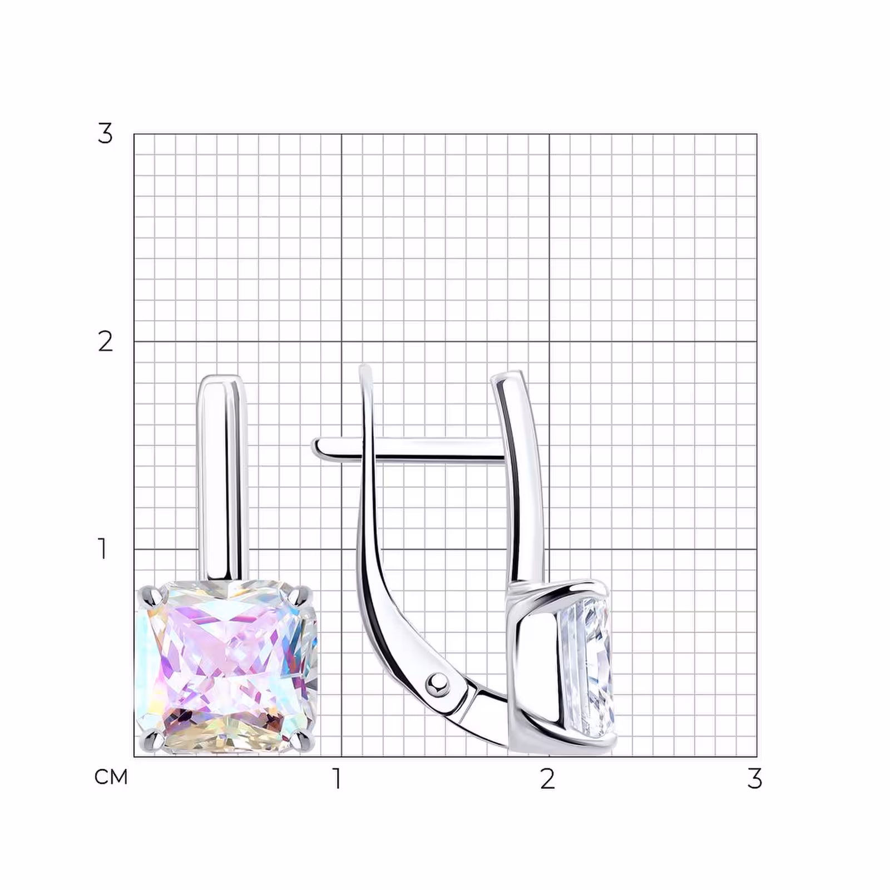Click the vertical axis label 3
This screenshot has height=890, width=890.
pyautogui.click(x=105, y=133)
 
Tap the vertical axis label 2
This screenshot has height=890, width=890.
pyautogui.click(x=105, y=341)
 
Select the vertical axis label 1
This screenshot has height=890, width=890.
pyautogui.click(x=102, y=548)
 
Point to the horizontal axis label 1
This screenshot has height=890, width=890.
pyautogui.click(x=337, y=779)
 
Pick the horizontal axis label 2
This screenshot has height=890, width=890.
pyautogui.click(x=547, y=779)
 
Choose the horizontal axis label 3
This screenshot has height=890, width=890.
pyautogui.click(x=754, y=779)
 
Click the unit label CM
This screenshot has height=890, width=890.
pyautogui.click(x=111, y=777)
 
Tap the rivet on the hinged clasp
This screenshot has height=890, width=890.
pyautogui.click(x=438, y=683)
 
